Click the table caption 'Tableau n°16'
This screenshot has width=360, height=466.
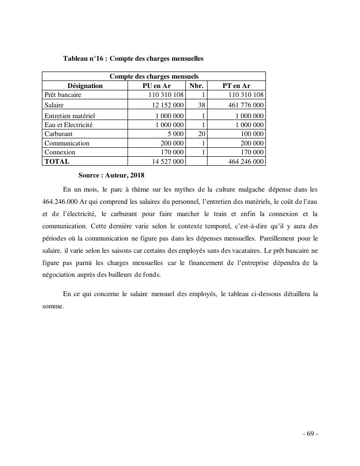click(x=82, y=59)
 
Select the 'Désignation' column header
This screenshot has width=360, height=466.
click(x=85, y=86)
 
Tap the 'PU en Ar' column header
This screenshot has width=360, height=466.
click(x=156, y=86)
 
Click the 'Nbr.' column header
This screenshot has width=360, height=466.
click(x=196, y=86)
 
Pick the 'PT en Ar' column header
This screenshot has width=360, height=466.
click(x=236, y=86)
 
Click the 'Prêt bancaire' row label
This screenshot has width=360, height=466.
click(x=63, y=95)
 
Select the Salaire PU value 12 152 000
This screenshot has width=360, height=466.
click(x=164, y=105)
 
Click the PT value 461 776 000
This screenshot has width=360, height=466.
click(x=242, y=105)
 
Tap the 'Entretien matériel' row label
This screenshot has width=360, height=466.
click(x=70, y=116)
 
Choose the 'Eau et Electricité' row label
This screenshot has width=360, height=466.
click(x=69, y=125)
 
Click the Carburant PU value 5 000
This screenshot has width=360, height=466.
click(x=175, y=134)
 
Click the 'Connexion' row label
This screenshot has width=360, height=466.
click(x=60, y=152)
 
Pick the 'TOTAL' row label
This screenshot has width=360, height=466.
click(x=56, y=161)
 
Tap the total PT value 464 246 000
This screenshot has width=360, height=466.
click(x=242, y=161)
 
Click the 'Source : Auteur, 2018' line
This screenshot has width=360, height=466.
click(x=111, y=175)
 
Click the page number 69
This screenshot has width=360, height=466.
click(x=310, y=434)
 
